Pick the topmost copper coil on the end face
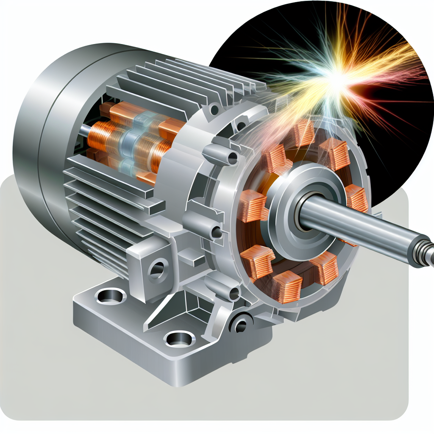tap(302, 133)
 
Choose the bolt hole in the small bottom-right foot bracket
tap(241, 325)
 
